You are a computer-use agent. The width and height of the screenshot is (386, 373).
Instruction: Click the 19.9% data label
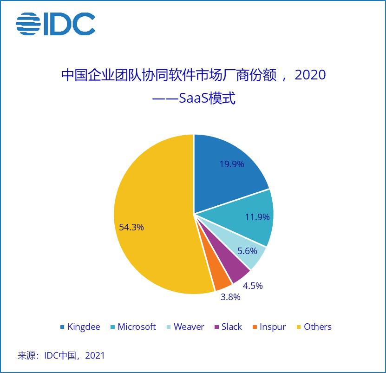point(231,164)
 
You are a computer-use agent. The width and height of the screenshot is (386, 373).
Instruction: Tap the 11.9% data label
point(257,217)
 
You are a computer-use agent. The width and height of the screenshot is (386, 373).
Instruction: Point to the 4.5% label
point(253,285)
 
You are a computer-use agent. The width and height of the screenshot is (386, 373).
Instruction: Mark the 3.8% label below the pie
point(230,297)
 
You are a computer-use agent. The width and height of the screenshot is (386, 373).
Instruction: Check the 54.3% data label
point(131,227)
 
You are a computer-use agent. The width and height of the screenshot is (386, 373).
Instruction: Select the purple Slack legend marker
point(216,327)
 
